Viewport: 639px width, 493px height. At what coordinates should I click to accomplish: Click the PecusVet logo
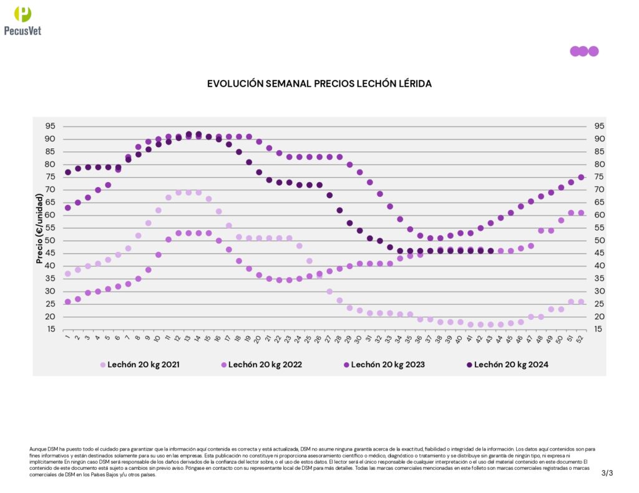click(22, 20)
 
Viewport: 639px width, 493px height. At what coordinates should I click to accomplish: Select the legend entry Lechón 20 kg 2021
click(140, 364)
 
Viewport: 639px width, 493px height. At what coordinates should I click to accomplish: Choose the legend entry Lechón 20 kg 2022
click(261, 364)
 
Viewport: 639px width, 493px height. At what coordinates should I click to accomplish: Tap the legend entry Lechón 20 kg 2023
click(383, 364)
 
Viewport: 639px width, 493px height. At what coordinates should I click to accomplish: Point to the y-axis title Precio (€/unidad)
click(40, 227)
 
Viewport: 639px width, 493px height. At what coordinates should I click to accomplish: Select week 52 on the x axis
click(581, 339)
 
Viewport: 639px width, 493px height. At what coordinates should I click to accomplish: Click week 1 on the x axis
click(67, 339)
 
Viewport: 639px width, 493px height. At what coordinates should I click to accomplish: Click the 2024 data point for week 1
click(68, 172)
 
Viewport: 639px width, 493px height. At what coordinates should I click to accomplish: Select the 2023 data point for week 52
click(581, 177)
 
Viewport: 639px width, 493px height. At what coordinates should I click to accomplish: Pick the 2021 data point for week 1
click(68, 274)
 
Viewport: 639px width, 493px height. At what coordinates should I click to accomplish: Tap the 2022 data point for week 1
click(68, 302)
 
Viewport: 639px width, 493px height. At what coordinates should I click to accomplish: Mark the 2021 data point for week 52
click(581, 302)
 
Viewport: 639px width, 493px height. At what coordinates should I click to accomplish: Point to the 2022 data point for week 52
click(581, 213)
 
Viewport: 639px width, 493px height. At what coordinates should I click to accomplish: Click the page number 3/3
click(607, 473)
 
